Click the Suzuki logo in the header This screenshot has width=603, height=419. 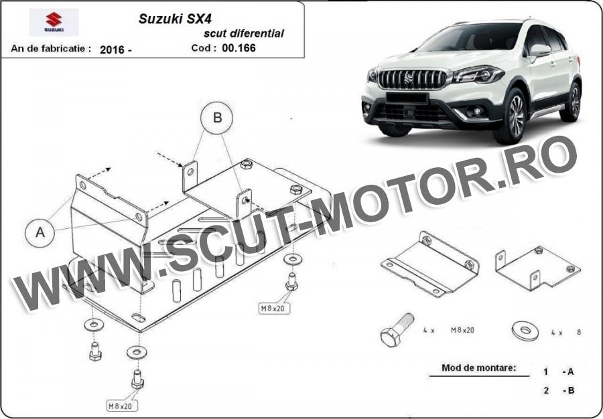pyautogui.click(x=54, y=22)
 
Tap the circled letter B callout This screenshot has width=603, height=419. pyautogui.click(x=217, y=118)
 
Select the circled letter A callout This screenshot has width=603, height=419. pyautogui.click(x=40, y=232)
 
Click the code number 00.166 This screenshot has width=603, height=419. pyautogui.click(x=239, y=48)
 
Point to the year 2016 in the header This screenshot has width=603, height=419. pyautogui.click(x=111, y=50)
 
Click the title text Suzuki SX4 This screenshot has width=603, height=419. pyautogui.click(x=175, y=19)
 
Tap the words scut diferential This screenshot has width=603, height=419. pyautogui.click(x=244, y=33)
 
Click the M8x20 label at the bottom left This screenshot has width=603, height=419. pyautogui.click(x=122, y=406)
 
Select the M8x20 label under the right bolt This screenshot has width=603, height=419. pyautogui.click(x=274, y=308)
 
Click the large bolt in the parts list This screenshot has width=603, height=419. pyautogui.click(x=397, y=330)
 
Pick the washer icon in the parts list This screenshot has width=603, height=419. pyautogui.click(x=525, y=331)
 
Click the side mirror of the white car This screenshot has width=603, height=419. pyautogui.click(x=539, y=51)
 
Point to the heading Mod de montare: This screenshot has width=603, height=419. pyautogui.click(x=478, y=367)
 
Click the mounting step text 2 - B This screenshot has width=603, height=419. pyautogui.click(x=559, y=391)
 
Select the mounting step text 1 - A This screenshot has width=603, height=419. pyautogui.click(x=559, y=371)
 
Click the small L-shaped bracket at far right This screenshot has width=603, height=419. pyautogui.click(x=537, y=268)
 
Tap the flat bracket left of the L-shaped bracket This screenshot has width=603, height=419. pyautogui.click(x=430, y=264)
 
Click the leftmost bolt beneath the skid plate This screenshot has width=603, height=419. pyautogui.click(x=95, y=351)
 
